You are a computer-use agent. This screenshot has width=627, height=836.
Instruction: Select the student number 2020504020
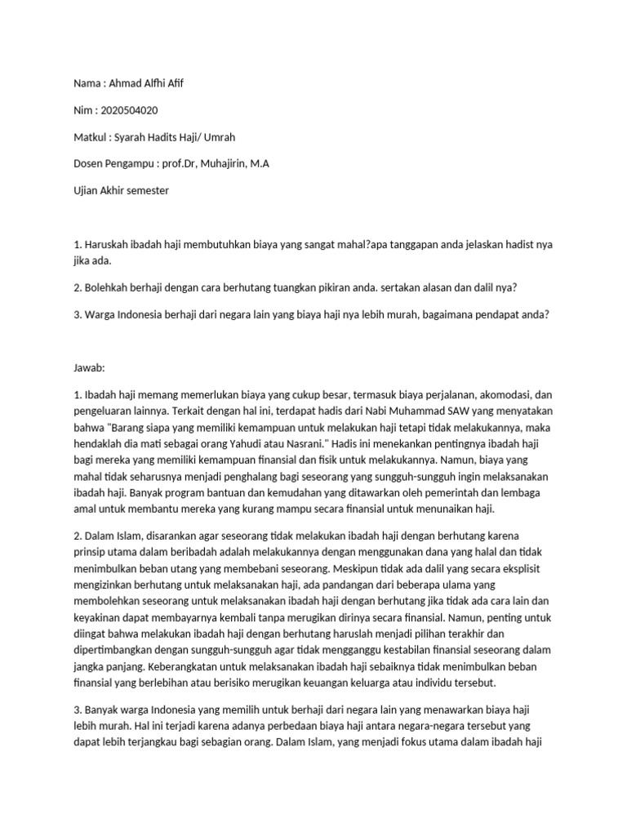(x=129, y=110)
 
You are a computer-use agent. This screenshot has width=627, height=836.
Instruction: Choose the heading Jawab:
(x=89, y=368)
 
